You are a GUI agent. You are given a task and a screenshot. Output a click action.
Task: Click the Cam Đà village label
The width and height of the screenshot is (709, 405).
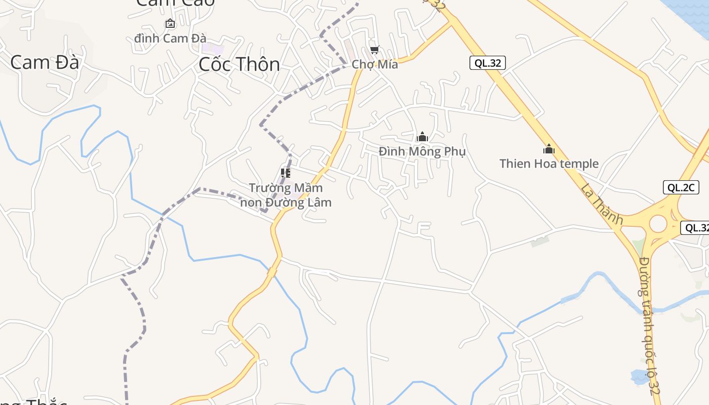tap(45, 63)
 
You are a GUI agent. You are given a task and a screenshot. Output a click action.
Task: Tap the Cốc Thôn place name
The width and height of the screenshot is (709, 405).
tap(239, 64)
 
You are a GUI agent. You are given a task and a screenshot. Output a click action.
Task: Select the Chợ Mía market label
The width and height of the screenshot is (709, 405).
tap(375, 65)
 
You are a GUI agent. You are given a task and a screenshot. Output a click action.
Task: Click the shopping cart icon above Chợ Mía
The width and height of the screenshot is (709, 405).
tap(374, 50)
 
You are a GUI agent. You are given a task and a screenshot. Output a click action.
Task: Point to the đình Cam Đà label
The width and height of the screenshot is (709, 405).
tap(170, 38)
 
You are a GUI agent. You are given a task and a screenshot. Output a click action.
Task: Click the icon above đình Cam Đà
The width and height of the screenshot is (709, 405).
tap(170, 23)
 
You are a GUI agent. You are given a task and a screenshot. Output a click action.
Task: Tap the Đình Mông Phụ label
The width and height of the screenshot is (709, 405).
tap(422, 151)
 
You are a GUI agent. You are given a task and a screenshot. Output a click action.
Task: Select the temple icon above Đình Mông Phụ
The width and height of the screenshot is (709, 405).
tap(422, 137)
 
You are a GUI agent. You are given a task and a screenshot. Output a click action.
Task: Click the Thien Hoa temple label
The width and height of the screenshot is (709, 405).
tap(549, 164)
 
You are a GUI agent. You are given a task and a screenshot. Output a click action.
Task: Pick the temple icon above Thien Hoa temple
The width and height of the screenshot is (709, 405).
tap(549, 149)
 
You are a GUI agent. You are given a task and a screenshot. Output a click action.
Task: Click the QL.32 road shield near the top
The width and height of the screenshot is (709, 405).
tap(487, 63)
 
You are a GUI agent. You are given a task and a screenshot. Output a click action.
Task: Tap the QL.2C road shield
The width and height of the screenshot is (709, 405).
tap(681, 187)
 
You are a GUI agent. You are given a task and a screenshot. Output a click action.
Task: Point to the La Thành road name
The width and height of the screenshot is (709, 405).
tap(602, 204)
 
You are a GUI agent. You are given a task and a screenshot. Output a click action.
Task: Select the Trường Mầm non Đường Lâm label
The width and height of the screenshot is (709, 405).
tap(286, 195)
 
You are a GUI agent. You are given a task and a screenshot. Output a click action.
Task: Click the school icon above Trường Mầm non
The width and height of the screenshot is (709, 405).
tap(286, 173)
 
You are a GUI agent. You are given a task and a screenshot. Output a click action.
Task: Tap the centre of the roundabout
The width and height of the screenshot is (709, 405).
tap(658, 224)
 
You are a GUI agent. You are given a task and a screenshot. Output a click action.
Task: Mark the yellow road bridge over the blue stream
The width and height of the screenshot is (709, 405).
tap(272, 272)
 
